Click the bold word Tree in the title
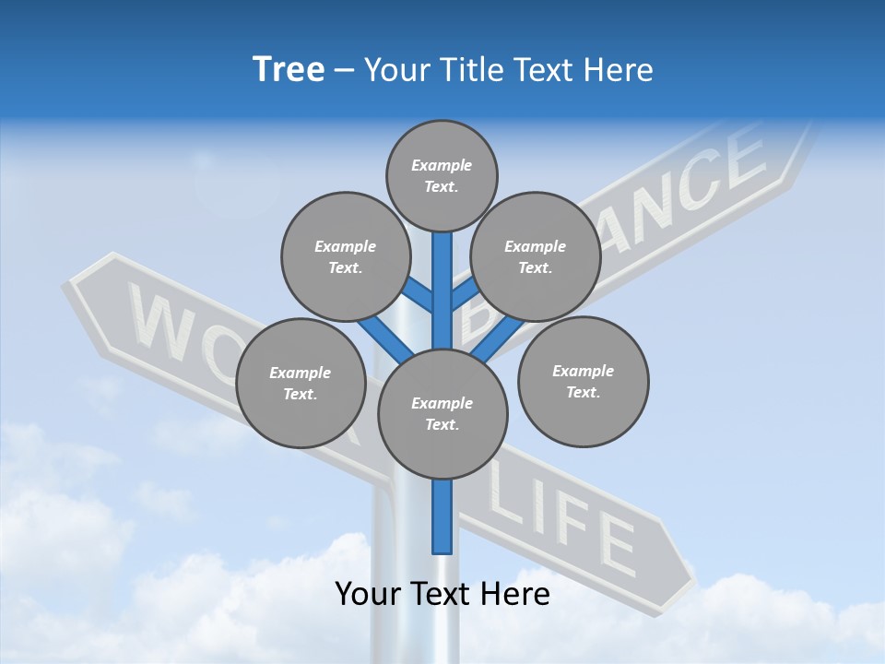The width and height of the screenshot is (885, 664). [x=289, y=70]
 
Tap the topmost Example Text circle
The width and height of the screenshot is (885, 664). [x=442, y=176]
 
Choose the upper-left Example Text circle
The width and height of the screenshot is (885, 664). [x=345, y=257]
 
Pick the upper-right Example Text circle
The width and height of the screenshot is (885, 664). [x=535, y=257]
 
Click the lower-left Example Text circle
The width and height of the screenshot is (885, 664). [x=301, y=384]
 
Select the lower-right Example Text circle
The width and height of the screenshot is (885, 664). [x=583, y=382]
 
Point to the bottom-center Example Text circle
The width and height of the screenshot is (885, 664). [x=442, y=414]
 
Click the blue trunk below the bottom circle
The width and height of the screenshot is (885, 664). [x=442, y=516]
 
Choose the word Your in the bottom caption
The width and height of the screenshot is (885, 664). [x=368, y=594]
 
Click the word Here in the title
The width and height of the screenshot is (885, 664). [x=619, y=70]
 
